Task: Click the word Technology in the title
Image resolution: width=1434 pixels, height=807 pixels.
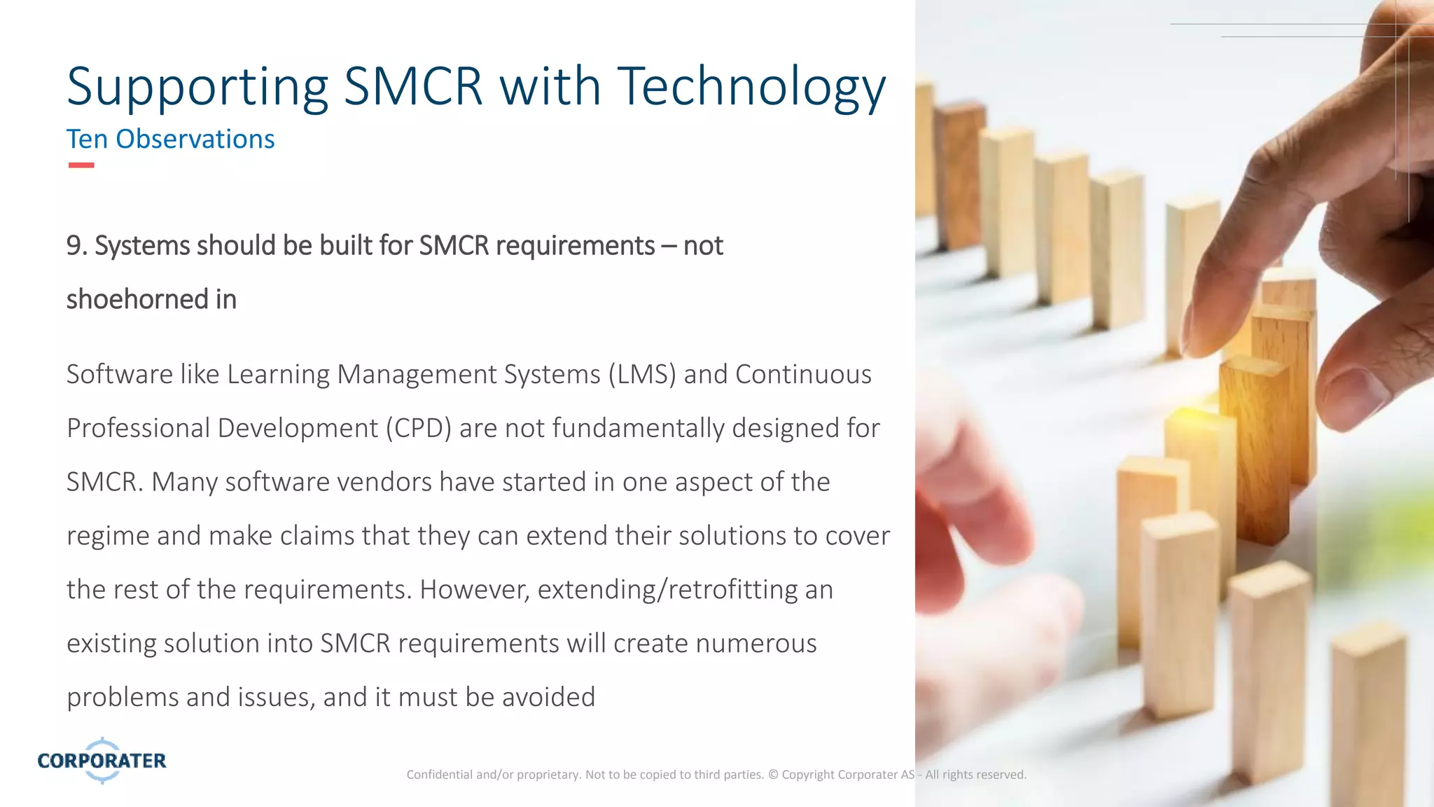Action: coord(751,87)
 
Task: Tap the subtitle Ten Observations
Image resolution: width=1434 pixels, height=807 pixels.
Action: coord(170,139)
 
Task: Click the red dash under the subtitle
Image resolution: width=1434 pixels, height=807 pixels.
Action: coord(81,165)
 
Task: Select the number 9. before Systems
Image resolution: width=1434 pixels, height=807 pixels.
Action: coord(76,246)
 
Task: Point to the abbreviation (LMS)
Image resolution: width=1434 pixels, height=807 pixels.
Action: coord(642,375)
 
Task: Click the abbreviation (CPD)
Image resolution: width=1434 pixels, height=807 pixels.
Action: coord(418,429)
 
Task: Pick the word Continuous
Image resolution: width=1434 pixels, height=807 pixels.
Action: coord(803,375)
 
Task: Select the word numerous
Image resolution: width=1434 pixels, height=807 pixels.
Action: coord(756,644)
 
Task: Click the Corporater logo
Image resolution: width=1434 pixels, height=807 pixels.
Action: coord(102,760)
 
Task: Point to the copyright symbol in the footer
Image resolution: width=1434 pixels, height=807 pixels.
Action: coord(773,775)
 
